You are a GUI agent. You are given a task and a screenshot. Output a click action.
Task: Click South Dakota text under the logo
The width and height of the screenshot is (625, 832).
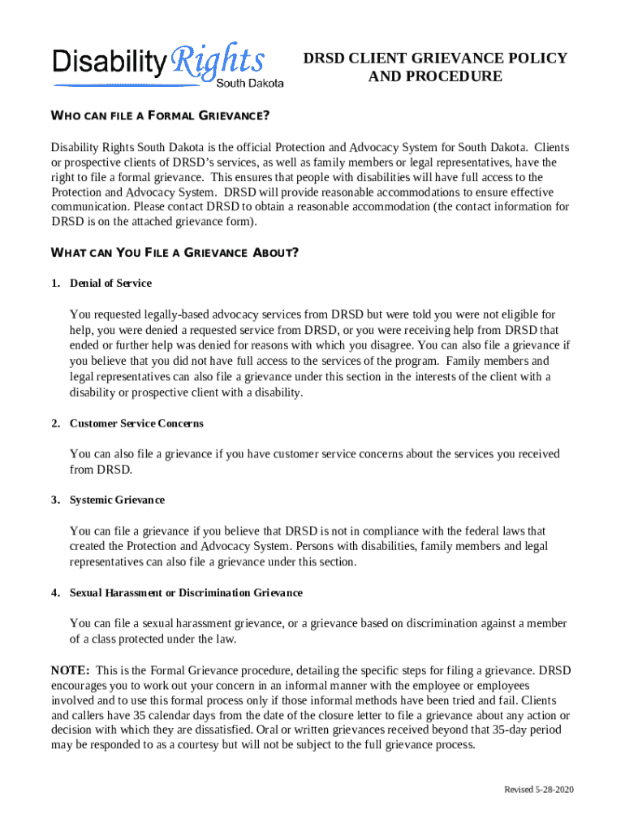pos(250,83)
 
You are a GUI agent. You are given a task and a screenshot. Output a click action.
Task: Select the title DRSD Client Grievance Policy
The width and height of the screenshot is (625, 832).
pos(435,58)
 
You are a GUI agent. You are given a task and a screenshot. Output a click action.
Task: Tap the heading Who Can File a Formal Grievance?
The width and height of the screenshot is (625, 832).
pos(160,115)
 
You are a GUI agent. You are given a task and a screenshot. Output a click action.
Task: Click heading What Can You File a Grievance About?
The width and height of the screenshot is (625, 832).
pos(175,252)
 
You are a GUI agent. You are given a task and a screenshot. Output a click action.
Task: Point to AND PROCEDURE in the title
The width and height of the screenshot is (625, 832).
pos(435,77)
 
